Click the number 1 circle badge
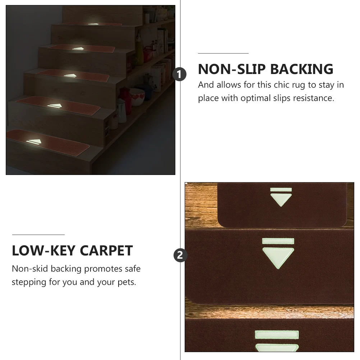(x=180, y=75)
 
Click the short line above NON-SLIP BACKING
(x=223, y=53)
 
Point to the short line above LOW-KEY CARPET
(x=38, y=235)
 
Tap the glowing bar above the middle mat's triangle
(x=278, y=241)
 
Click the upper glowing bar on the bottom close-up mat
(x=277, y=335)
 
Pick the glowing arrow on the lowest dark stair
(x=34, y=142)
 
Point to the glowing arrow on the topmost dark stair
(x=93, y=24)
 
